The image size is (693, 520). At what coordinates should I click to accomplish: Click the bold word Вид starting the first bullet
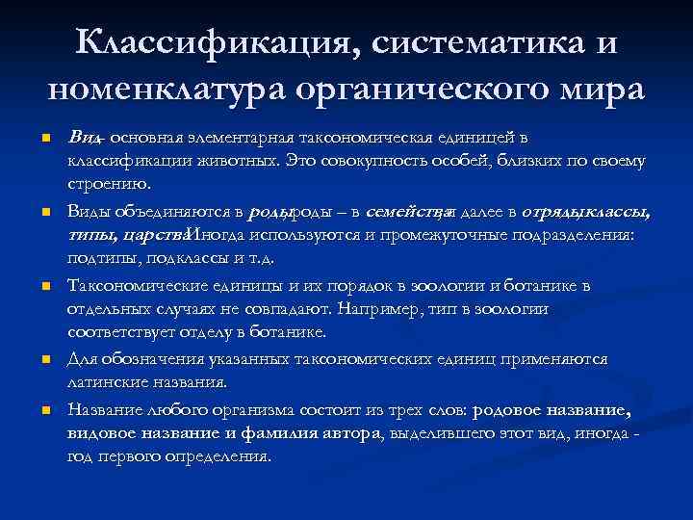coord(82,137)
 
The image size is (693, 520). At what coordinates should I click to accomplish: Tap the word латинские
coord(109,381)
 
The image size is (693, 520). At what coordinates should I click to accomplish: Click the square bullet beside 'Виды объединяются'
coord(45,212)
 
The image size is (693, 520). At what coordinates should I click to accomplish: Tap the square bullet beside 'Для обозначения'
coord(45,360)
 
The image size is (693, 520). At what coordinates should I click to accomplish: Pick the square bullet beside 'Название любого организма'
coord(45,411)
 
